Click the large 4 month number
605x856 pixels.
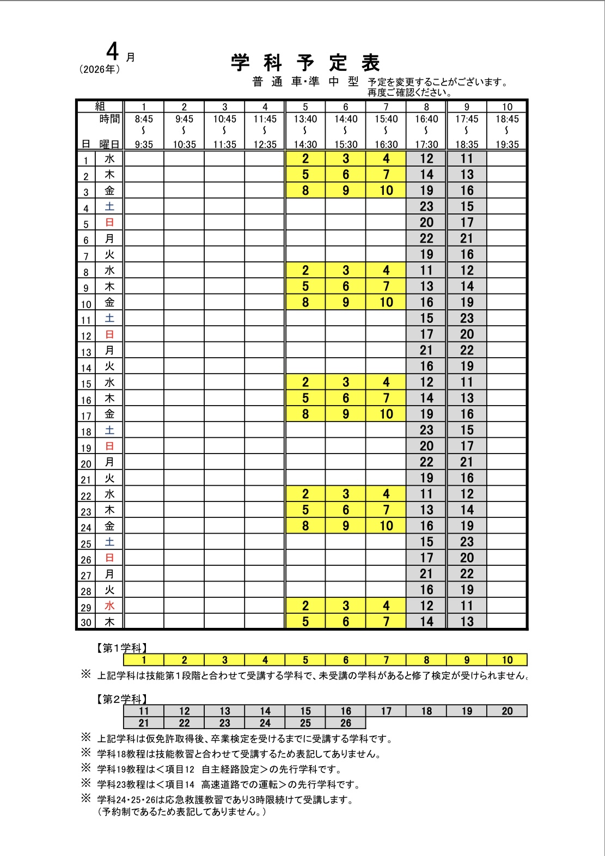pos(112,52)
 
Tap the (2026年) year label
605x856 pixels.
pos(100,70)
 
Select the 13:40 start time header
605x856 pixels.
pos(305,119)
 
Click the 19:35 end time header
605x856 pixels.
pos(507,145)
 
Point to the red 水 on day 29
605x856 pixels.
pos(109,606)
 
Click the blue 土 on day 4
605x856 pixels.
pos(109,206)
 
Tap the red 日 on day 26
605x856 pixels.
pos(109,558)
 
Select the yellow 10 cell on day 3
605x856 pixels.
pos(386,191)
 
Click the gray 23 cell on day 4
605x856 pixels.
pos(426,207)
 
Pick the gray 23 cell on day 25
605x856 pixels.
pos(467,542)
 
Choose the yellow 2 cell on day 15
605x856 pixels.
pos(305,382)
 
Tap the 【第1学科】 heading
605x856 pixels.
pos(121,649)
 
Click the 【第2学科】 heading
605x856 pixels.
pos(121,699)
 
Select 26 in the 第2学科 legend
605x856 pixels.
pos(346,723)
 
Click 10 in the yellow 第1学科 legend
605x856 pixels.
pos(507,661)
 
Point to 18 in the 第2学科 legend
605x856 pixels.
pos(426,711)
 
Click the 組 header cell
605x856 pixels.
pos(100,107)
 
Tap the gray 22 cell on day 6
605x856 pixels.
pos(426,239)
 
